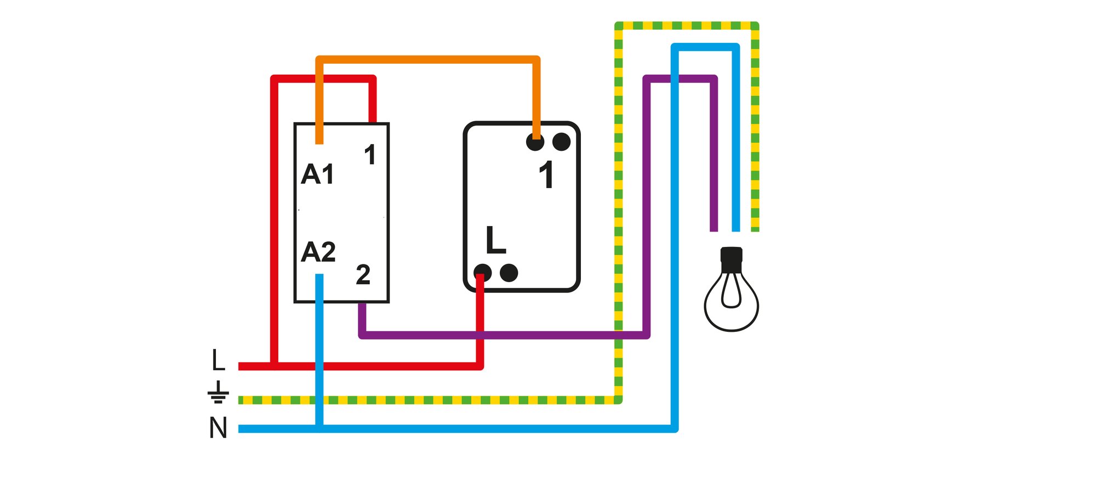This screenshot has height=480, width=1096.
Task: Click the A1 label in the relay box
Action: (x=317, y=174)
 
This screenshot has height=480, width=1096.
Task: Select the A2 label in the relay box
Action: (x=318, y=252)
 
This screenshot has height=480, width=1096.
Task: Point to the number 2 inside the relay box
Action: (x=363, y=274)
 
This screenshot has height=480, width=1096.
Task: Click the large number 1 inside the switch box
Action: (x=546, y=175)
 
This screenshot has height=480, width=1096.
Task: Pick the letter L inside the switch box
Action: (x=495, y=240)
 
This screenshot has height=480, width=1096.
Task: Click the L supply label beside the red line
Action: (x=218, y=360)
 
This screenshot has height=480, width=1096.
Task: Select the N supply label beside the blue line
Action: (x=218, y=428)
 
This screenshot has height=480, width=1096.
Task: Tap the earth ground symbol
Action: (x=218, y=392)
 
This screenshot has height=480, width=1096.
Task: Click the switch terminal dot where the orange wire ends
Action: (x=535, y=142)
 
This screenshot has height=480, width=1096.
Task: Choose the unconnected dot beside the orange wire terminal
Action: (x=561, y=142)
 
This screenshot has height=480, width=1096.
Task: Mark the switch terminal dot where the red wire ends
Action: (x=482, y=273)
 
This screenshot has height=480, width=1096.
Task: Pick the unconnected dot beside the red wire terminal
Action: (x=509, y=273)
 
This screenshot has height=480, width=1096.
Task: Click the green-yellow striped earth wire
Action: (x=619, y=214)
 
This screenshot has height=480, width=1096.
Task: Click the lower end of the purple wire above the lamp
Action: (x=713, y=231)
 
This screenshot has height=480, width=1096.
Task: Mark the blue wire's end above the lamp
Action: (x=735, y=231)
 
